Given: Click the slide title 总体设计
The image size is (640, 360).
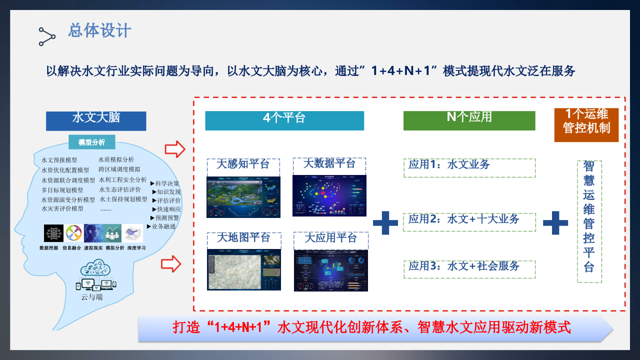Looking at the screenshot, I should point(99,30).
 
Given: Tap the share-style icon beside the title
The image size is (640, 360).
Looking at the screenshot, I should point(47,36).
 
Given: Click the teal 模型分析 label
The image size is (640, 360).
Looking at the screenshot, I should point(91,142).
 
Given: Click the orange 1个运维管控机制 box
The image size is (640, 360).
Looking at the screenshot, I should point(586,125).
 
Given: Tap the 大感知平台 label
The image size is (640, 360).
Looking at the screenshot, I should point(243,164).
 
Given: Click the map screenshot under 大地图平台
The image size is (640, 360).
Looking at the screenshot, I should point(243,269).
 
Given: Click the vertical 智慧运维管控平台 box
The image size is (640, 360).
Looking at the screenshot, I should point(589,221).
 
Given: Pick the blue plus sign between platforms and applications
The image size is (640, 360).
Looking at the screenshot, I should point(385,223).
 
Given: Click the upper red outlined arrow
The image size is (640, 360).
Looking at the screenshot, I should point(175,148).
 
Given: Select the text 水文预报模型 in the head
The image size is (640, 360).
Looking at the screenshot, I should point(59,160).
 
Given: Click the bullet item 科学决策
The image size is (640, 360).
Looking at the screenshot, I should point(166,183).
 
